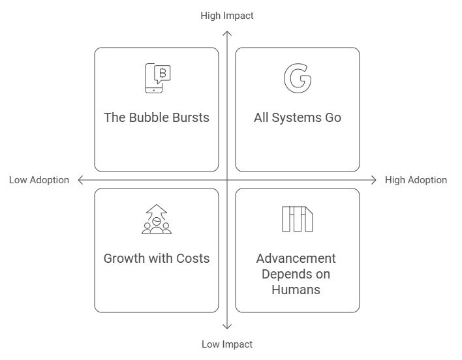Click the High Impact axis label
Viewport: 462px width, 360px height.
tap(226, 16)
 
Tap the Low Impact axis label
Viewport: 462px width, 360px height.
tap(226, 344)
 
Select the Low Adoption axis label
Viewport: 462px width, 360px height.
tap(39, 180)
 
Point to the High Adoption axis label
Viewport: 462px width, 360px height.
tap(416, 180)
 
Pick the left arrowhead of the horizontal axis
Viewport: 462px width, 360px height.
tap(80, 180)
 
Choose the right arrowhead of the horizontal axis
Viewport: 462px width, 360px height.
tap(373, 180)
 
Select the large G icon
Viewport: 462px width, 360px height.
tap(297, 78)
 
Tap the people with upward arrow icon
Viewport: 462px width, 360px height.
tap(157, 219)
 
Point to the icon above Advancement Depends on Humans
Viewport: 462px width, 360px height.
tap(297, 219)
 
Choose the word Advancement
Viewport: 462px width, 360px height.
tap(297, 258)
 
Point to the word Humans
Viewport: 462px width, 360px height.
tap(297, 289)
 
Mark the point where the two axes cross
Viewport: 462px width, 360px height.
tap(226, 180)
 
